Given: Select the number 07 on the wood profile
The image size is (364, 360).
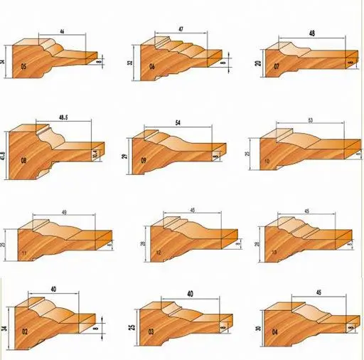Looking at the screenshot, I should click(276, 70).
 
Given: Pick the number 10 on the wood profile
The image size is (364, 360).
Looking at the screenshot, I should click(266, 162).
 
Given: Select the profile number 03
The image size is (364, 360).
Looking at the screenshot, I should click(151, 332).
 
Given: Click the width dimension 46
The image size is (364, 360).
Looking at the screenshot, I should click(61, 32).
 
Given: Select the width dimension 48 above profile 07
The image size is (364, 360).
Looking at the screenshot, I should click(312, 33).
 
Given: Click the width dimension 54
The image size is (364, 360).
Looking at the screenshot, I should click(178, 123).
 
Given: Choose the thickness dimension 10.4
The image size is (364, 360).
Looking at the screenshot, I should click(95, 153).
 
